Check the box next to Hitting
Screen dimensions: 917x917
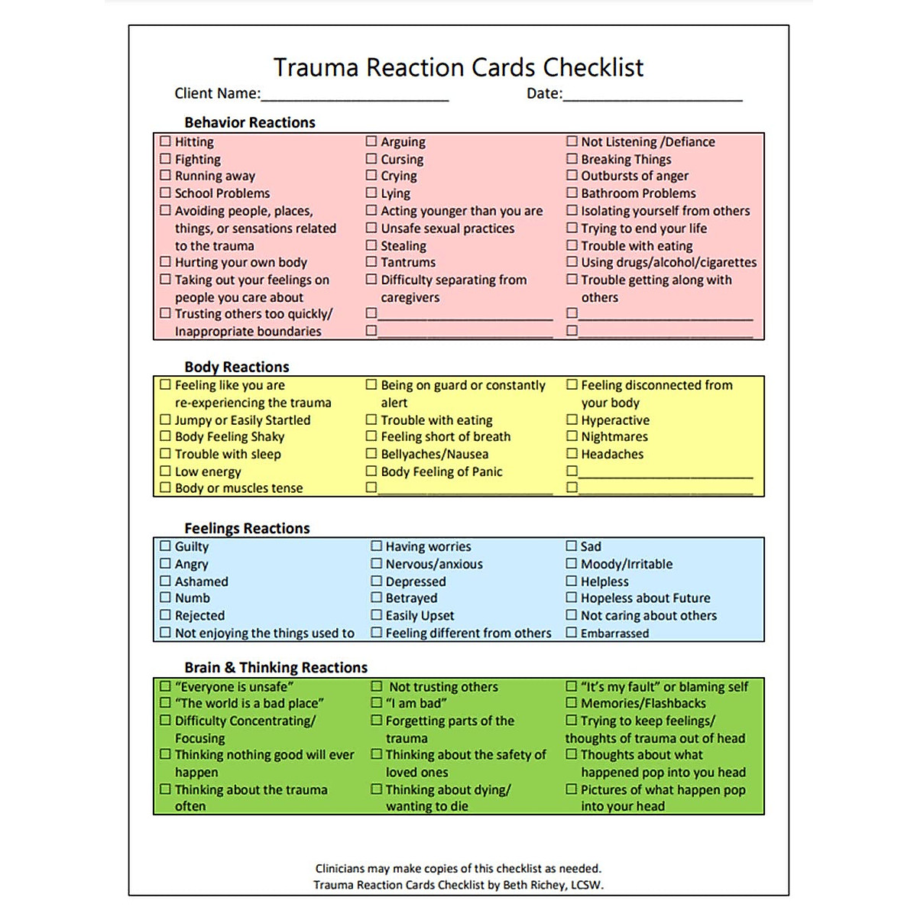coord(165,141)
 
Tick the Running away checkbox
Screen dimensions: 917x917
coord(165,176)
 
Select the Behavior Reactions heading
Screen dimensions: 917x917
coord(249,122)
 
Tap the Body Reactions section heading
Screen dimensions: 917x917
coord(237,367)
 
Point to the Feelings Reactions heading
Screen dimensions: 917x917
coord(247,528)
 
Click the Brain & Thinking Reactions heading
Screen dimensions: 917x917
coord(276,667)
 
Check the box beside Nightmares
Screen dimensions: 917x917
coord(572,436)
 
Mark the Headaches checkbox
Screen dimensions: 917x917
coord(572,454)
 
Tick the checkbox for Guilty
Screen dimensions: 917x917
coord(165,546)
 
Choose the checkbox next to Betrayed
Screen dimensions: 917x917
coord(377,598)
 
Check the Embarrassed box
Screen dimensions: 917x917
coord(572,633)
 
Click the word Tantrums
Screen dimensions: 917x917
coord(408,262)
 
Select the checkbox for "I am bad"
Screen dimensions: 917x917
coord(377,703)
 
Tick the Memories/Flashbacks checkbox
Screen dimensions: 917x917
coord(572,703)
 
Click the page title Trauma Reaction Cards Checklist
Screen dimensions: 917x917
coord(458,67)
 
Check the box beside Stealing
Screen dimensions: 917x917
coord(371,245)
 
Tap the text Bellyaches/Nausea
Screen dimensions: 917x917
coord(434,454)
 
